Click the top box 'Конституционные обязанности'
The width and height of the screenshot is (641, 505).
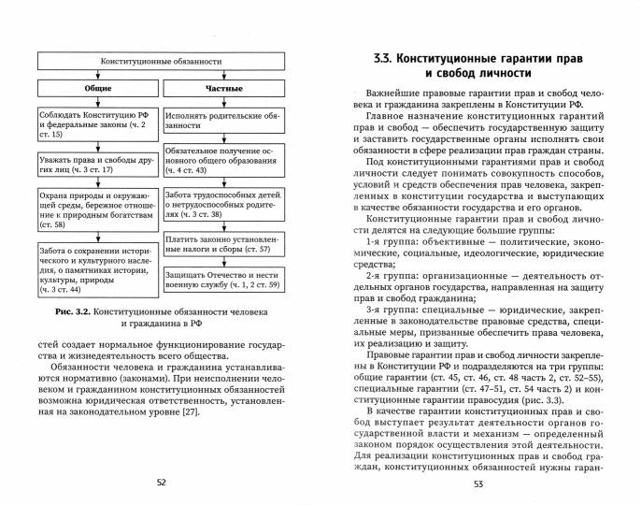click(x=161, y=62)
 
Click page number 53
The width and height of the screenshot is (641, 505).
click(x=479, y=483)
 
